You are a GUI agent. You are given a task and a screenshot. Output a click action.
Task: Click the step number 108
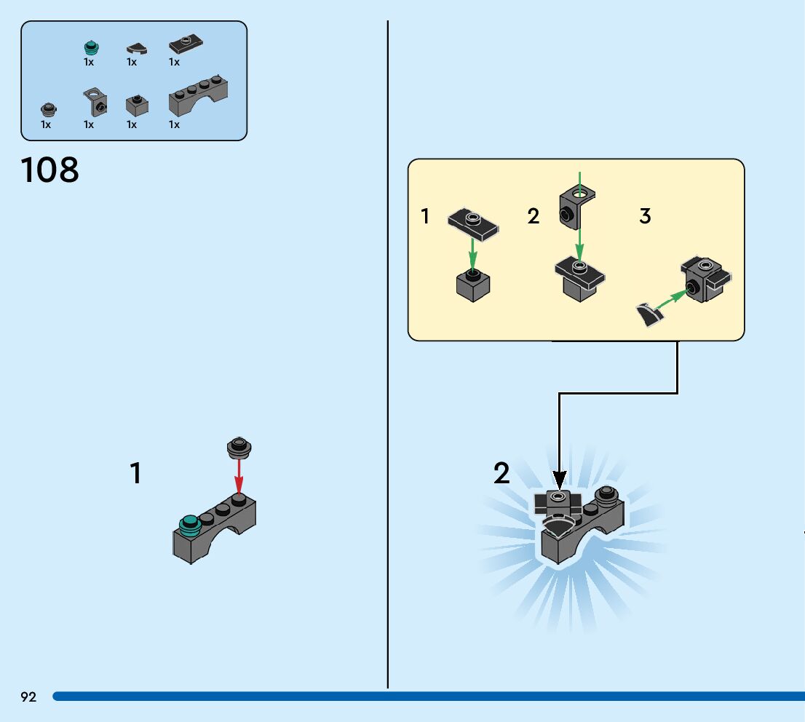point(50,171)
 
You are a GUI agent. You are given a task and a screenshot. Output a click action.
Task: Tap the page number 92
point(28,697)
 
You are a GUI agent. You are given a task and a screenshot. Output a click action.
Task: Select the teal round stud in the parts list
point(90,48)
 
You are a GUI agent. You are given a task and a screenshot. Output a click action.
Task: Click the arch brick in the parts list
point(199,99)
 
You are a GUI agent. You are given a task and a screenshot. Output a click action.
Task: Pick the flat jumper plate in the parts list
point(186,45)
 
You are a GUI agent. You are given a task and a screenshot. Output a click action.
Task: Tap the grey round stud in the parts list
point(48,110)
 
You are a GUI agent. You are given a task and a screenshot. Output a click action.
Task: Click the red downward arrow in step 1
point(238,477)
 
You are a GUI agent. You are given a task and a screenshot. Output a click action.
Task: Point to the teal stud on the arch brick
point(190,523)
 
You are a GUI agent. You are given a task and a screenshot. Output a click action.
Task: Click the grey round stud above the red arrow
point(239,447)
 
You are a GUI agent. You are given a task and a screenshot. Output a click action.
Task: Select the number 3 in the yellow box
point(645,216)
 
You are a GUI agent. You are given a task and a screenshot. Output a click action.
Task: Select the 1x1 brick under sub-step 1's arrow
point(473,285)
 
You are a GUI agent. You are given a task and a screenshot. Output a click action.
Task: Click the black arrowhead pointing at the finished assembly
point(559,479)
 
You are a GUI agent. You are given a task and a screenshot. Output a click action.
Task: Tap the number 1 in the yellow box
point(426,216)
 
